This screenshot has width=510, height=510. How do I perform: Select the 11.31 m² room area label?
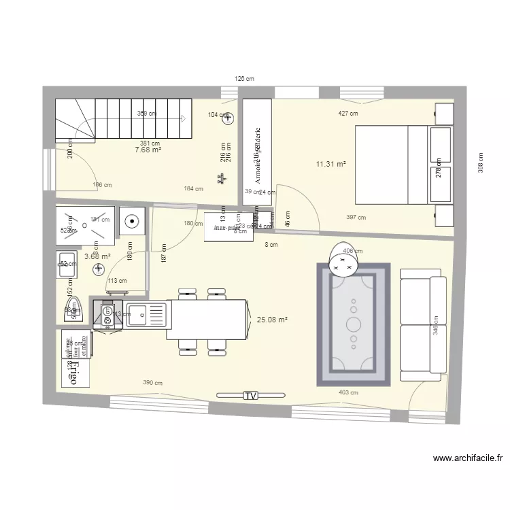331,164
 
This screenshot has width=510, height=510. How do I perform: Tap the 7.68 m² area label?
148,150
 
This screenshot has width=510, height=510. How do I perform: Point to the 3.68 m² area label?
97,256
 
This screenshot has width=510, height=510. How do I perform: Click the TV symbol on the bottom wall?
251,395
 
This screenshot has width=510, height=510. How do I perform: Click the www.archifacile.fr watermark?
467,459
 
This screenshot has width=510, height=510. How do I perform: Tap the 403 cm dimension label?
348,392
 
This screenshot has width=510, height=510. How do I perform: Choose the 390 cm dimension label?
152,383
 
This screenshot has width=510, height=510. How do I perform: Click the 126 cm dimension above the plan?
244,80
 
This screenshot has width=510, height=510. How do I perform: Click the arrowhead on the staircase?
184,118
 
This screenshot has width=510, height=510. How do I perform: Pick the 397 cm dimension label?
356,218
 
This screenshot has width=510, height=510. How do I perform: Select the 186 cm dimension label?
102,185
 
